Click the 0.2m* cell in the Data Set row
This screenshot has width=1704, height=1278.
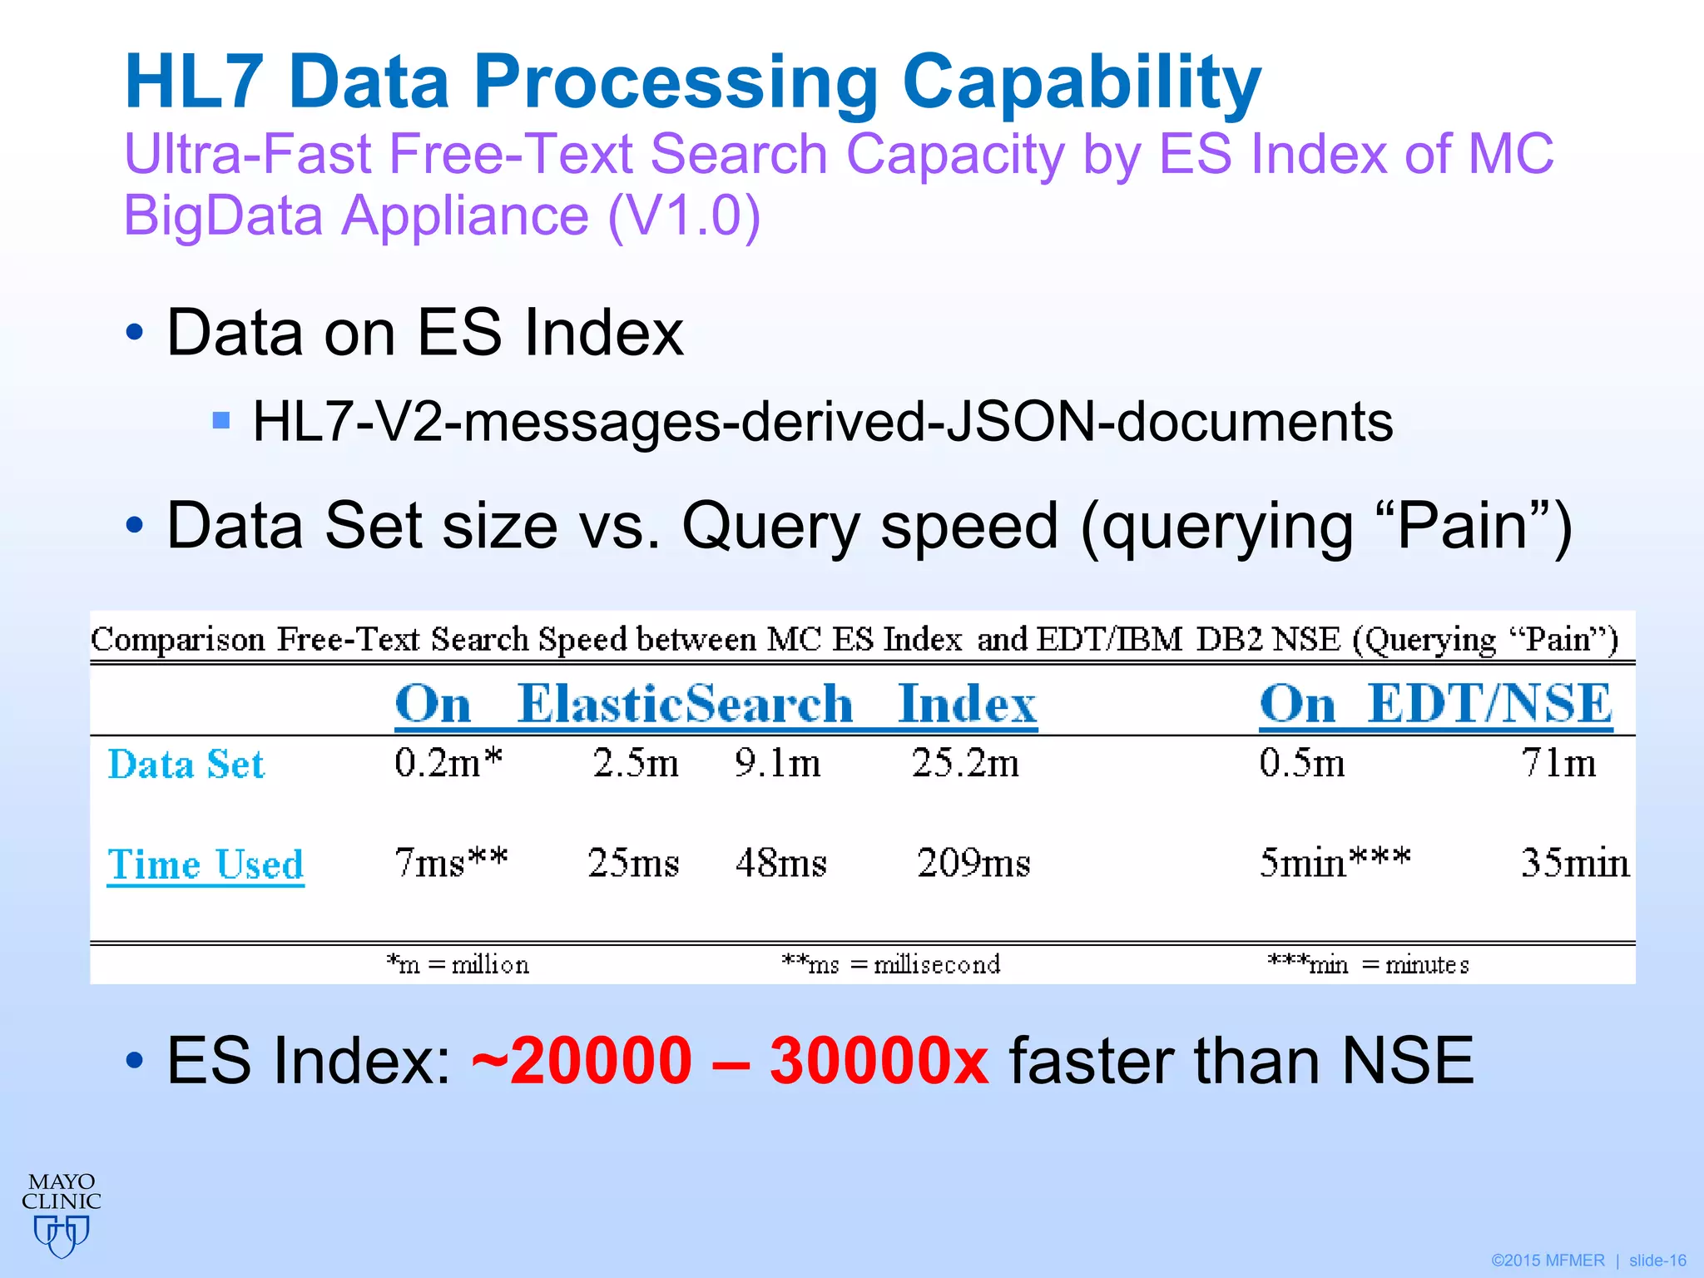448,762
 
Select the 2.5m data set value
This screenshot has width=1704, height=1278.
636,762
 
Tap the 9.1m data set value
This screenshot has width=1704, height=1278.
777,762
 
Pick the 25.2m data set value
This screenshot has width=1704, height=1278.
965,762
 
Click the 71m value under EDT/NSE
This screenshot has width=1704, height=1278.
1558,762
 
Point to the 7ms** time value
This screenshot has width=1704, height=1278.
450,862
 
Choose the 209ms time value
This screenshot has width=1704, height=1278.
973,862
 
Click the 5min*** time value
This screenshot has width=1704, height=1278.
1335,862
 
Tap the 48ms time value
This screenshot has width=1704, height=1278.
780,862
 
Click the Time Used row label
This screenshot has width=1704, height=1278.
206,864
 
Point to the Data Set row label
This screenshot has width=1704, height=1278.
186,764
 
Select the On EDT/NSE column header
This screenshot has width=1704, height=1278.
1435,704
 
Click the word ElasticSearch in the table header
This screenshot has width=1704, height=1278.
685,704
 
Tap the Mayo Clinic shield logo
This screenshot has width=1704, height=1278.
62,1235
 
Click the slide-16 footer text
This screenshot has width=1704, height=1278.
1657,1261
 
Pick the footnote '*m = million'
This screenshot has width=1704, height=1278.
458,964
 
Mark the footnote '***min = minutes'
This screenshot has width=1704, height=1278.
1368,964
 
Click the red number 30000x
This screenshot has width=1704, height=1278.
879,1060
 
